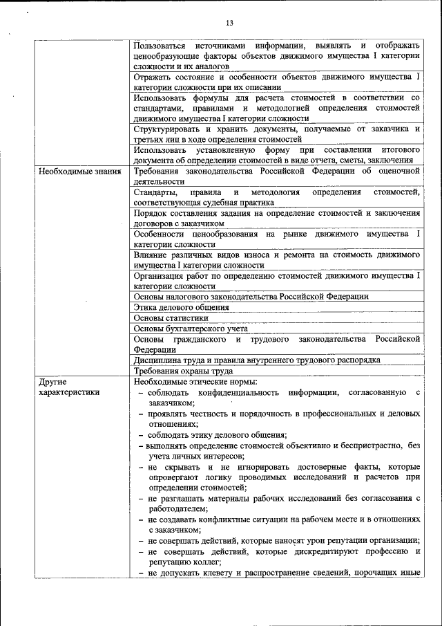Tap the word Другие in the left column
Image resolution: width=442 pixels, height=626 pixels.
[52, 381]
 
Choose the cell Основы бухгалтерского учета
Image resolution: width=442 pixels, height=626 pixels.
[190, 329]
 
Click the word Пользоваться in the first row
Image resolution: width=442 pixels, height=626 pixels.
[160, 45]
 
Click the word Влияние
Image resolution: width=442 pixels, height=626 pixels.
[153, 255]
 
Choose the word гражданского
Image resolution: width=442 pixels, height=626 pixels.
[200, 339]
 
